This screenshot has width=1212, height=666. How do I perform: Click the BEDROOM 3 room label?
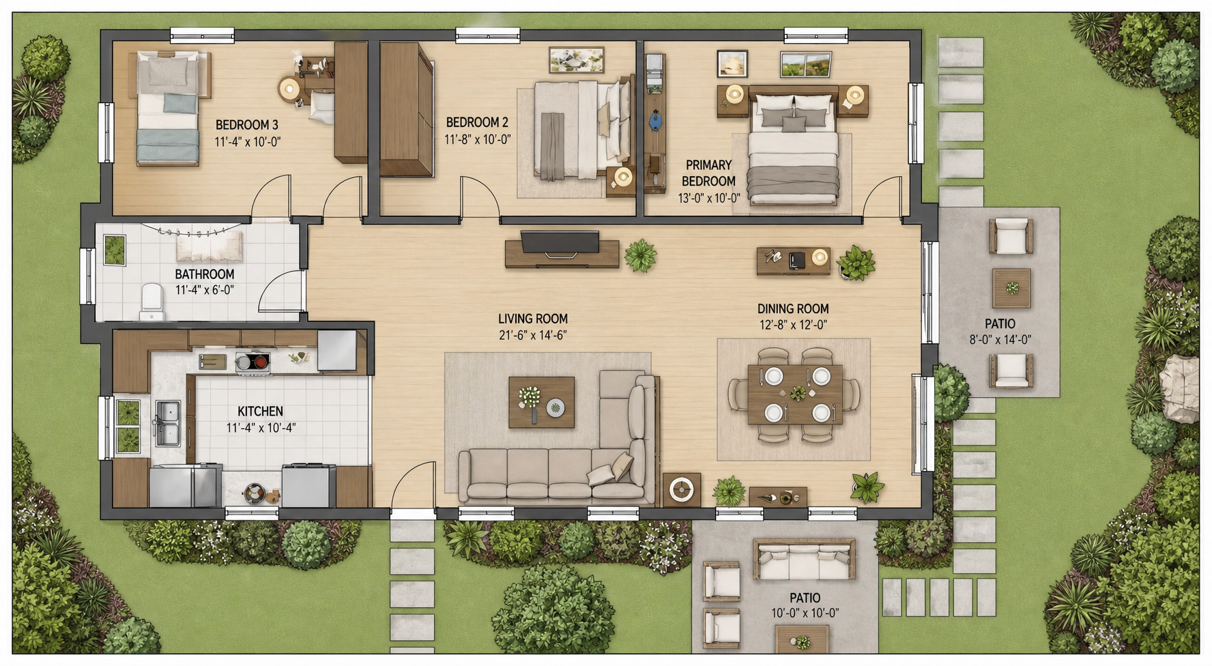[247, 125]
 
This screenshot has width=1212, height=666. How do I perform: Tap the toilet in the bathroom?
[151, 302]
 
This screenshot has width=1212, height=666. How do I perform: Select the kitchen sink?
[167, 423]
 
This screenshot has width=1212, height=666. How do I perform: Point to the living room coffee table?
[541, 403]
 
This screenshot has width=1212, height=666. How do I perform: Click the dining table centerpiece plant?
[797, 394]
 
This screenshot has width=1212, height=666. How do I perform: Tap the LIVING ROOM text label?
[533, 319]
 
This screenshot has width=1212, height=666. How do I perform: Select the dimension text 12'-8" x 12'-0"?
[793, 325]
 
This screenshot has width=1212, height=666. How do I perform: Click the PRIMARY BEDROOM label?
[708, 173]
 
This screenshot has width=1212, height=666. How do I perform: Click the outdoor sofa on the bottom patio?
[804, 560]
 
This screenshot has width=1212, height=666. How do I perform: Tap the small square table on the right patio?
[1011, 288]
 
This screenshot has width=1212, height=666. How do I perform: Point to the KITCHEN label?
[260, 411]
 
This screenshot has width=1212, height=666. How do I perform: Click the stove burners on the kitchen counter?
[252, 362]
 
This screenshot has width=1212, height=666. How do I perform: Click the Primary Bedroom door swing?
[882, 197]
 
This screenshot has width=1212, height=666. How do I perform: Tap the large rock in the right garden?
[1181, 388]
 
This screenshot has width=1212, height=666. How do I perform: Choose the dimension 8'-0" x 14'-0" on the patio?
[1000, 340]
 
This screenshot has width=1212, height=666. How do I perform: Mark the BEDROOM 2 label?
[477, 123]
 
